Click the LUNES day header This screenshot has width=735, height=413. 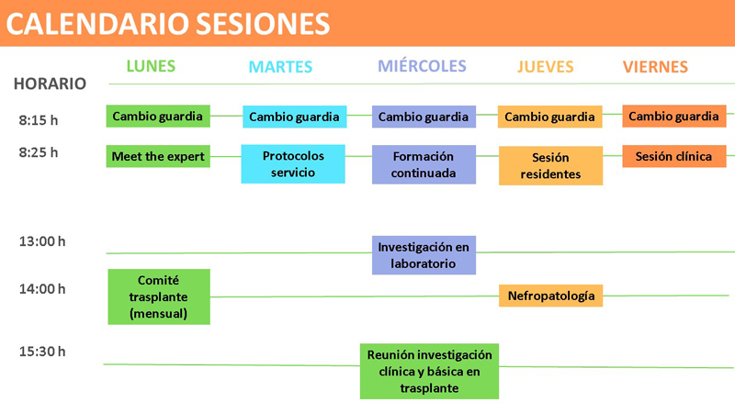151,66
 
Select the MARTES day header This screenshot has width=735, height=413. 280,67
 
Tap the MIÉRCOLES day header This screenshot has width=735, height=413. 422,65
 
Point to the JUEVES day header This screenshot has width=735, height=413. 545,67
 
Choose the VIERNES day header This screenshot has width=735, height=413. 655,67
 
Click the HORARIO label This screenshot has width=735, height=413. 50,84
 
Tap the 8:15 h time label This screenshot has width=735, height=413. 39,120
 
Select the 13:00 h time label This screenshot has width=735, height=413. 42,241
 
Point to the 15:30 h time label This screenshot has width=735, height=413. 42,352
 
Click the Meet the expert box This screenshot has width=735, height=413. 158,156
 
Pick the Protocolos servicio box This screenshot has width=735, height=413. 293,164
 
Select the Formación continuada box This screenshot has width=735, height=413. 424,164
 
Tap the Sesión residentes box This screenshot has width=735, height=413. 550,166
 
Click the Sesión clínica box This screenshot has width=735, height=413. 674,156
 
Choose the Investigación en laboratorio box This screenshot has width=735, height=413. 424,255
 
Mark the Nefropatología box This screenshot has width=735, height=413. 550,296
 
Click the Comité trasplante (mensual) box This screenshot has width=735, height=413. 159,296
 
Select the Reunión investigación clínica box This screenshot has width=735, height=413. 429,372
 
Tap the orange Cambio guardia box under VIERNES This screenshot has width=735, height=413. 674,117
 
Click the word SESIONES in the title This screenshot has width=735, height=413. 263,24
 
